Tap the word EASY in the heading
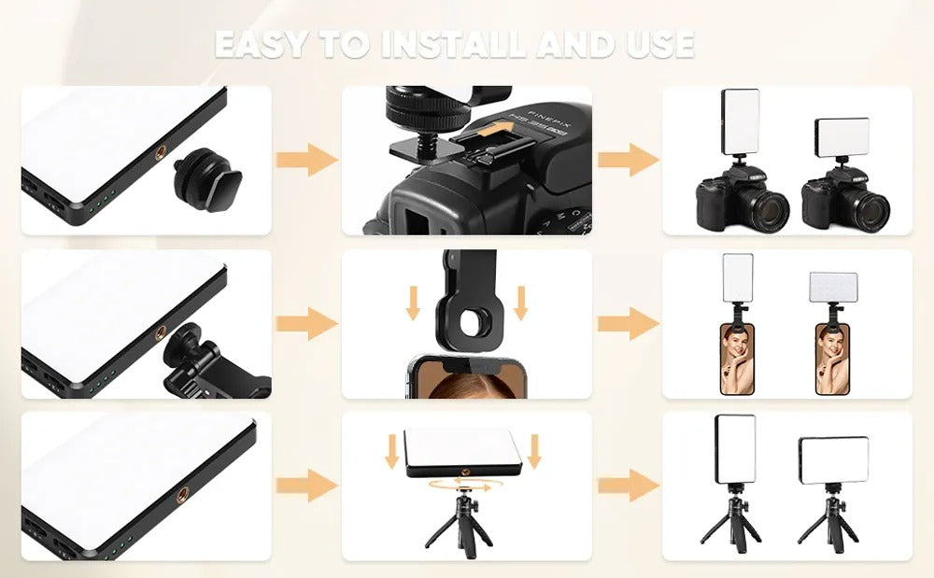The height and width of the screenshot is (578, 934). [x=262, y=44]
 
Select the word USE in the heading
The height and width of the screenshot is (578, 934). [x=660, y=44]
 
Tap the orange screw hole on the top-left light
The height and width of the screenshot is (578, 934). [x=161, y=153]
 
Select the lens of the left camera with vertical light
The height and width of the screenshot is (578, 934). [x=769, y=210]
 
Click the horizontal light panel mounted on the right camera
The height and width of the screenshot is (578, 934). [x=842, y=136]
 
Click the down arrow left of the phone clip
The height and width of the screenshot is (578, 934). [x=413, y=303]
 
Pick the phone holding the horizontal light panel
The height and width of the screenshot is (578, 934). [x=832, y=359]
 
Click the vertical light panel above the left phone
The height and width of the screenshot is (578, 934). [x=738, y=278]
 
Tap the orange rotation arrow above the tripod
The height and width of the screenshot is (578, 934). [x=460, y=486]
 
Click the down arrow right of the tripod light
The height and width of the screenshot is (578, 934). [x=533, y=451]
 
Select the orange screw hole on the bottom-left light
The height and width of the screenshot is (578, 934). [x=181, y=493]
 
